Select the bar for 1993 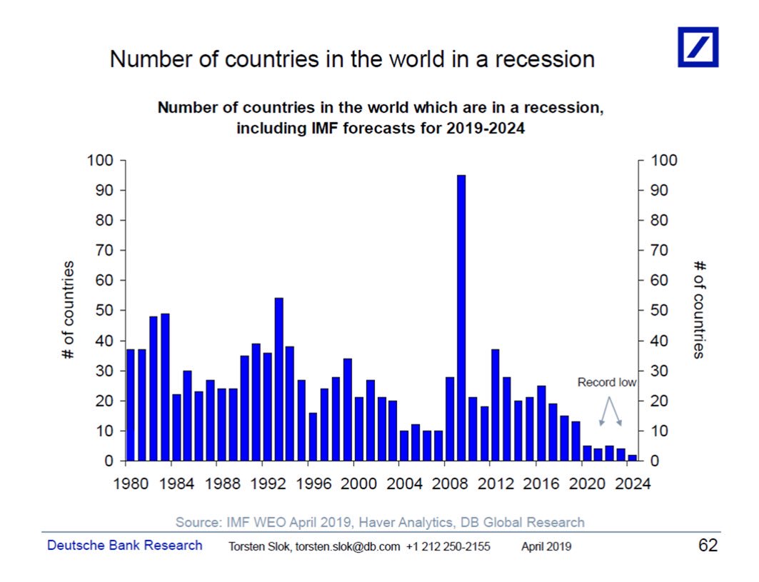pyautogui.click(x=278, y=379)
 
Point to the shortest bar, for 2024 pyautogui.click(x=632, y=458)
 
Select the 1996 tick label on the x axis pyautogui.click(x=314, y=483)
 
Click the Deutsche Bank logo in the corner pyautogui.click(x=698, y=47)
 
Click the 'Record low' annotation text pyautogui.click(x=606, y=383)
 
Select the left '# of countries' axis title pyautogui.click(x=68, y=311)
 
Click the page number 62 pyautogui.click(x=707, y=546)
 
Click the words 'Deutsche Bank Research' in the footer pyautogui.click(x=124, y=546)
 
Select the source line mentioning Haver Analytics pyautogui.click(x=380, y=522)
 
